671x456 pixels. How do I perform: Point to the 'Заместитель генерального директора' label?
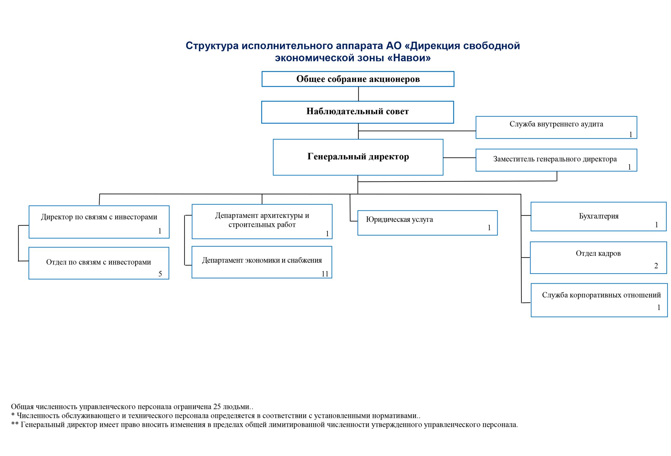(x=555, y=159)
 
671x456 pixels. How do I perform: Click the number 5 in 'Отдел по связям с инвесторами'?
(x=160, y=274)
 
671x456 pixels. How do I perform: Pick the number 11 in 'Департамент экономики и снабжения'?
(x=325, y=274)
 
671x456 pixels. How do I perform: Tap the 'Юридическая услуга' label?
(x=399, y=219)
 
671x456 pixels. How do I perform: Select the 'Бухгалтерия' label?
(x=599, y=216)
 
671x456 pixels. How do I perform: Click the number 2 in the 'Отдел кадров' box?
(x=656, y=265)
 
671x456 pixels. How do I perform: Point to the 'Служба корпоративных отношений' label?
(x=601, y=295)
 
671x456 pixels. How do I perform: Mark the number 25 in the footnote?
(x=217, y=406)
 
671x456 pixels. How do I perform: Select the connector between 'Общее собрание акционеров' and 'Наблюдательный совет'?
(x=358, y=94)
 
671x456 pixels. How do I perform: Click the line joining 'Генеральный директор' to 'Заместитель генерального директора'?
(x=459, y=158)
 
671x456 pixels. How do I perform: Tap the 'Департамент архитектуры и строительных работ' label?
(x=262, y=220)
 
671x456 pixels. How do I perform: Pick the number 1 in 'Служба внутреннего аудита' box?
(x=631, y=134)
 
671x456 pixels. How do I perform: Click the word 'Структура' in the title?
(x=212, y=46)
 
